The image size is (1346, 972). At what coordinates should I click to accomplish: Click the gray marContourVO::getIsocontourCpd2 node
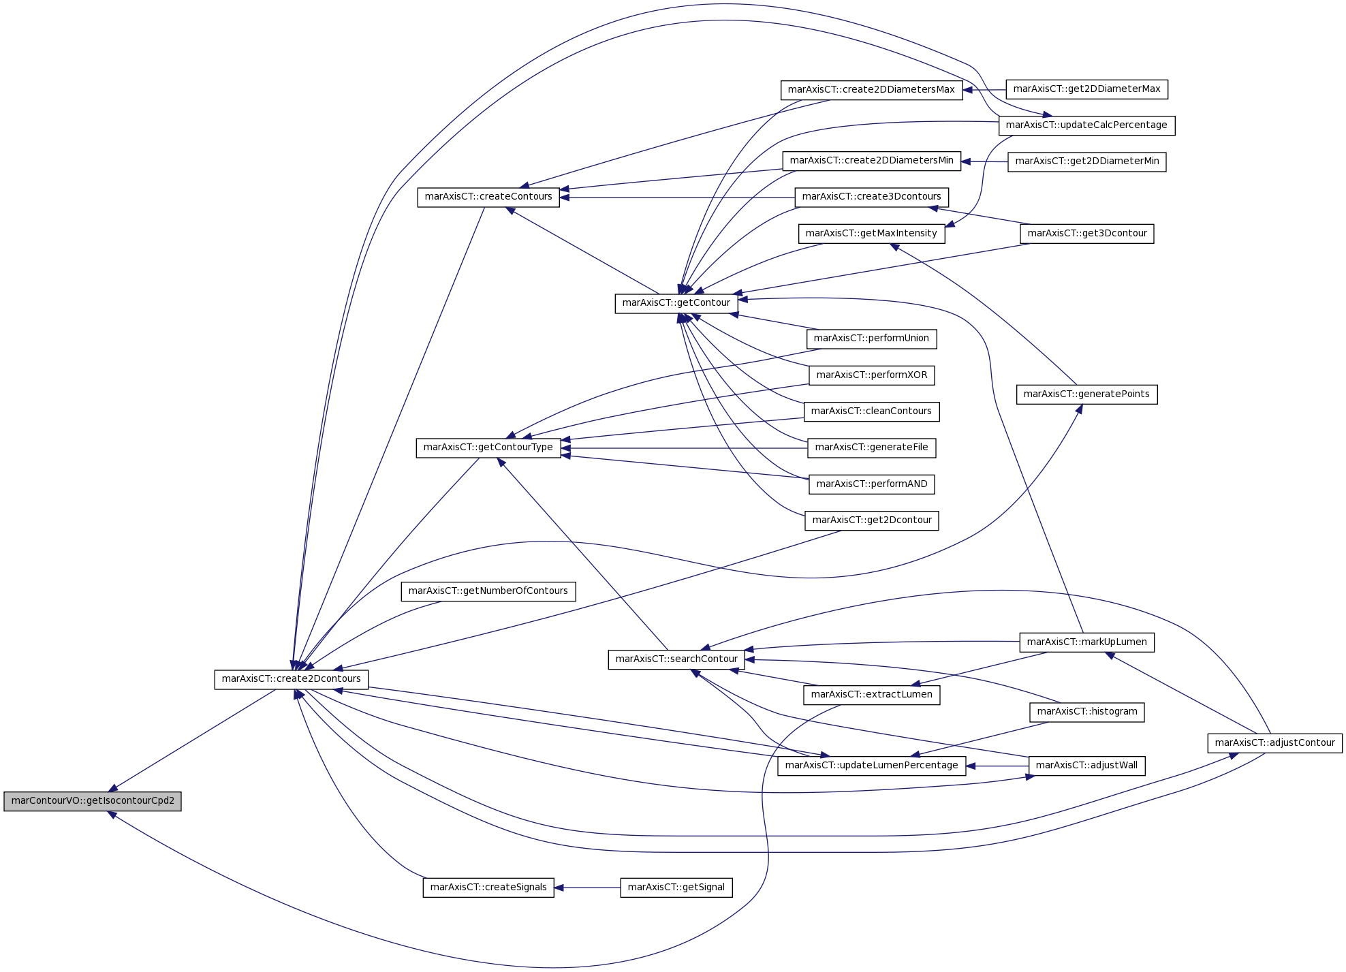(93, 801)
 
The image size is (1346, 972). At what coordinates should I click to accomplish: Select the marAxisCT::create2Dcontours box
(292, 679)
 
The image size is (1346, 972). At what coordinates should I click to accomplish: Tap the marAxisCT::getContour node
(676, 303)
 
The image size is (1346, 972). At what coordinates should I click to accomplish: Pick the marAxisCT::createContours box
(488, 198)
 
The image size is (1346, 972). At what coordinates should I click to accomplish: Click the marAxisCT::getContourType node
(488, 448)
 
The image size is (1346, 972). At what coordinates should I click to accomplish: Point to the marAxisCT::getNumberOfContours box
(488, 591)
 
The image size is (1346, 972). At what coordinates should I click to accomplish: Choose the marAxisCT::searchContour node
(676, 659)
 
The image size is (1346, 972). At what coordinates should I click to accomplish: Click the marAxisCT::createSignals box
(488, 888)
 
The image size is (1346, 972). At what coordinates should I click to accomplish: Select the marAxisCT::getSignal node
(676, 888)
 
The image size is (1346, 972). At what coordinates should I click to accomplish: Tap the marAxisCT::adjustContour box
(1275, 743)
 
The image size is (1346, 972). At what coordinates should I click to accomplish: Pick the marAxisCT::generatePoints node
(1086, 394)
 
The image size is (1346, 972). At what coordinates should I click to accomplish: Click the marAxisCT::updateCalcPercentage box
(1086, 125)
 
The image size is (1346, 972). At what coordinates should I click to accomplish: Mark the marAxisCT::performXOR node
(872, 375)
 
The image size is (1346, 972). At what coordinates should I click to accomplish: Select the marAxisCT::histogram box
(1087, 712)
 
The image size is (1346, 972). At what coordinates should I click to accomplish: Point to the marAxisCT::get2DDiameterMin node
(1087, 161)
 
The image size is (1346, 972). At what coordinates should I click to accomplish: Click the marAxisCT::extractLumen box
(872, 695)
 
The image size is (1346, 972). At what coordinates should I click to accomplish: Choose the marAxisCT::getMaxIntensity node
(871, 234)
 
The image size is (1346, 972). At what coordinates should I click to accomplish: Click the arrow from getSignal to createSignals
(587, 888)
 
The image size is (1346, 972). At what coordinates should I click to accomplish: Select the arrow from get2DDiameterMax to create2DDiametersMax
(984, 90)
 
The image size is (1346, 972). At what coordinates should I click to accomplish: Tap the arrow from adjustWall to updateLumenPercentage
(997, 766)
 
